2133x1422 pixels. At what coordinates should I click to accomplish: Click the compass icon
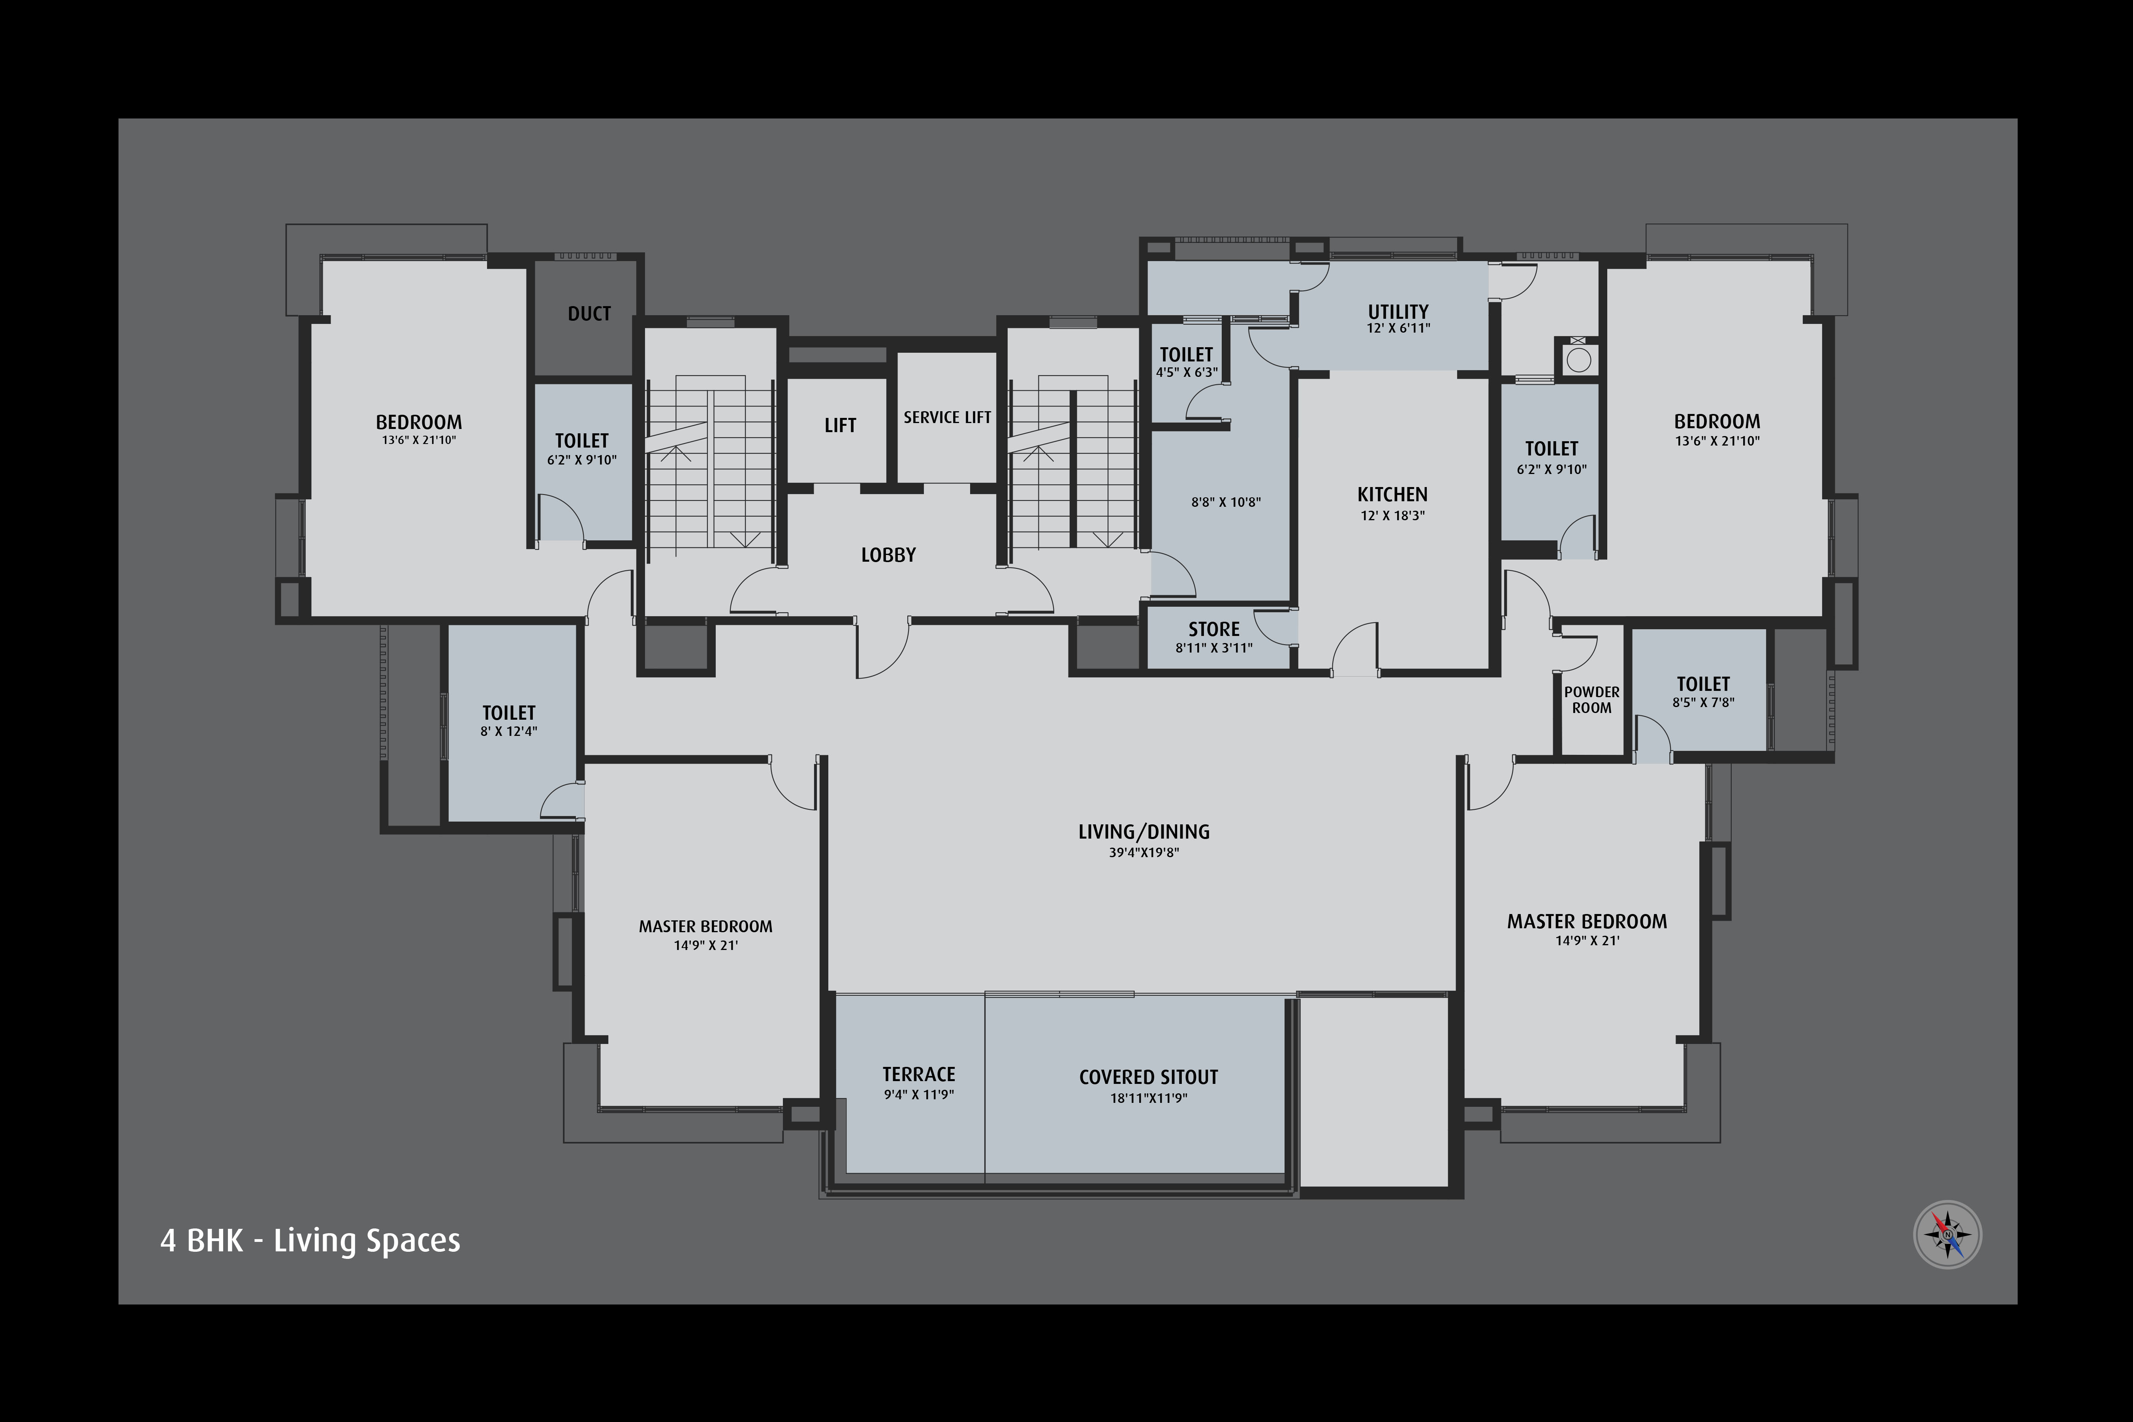click(1947, 1234)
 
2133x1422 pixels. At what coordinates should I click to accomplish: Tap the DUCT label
click(589, 314)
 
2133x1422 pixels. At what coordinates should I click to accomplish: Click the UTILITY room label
click(1398, 311)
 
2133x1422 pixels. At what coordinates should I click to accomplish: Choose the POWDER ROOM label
click(1591, 699)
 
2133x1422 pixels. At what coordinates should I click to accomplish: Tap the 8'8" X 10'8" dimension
click(1226, 502)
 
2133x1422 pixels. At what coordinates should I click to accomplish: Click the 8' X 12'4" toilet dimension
click(509, 731)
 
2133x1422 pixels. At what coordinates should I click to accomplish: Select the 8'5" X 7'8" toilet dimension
click(1703, 702)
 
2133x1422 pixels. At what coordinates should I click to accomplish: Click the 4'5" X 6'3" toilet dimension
click(1186, 372)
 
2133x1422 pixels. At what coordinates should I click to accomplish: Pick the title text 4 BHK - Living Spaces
click(310, 1241)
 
